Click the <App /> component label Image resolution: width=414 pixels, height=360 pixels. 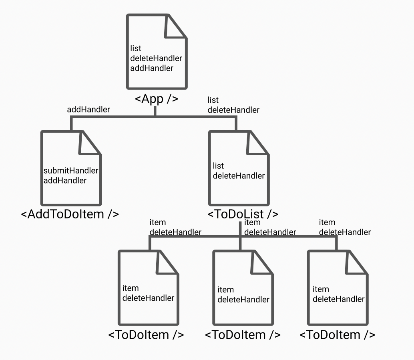point(157,99)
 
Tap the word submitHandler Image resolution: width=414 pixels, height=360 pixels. point(70,171)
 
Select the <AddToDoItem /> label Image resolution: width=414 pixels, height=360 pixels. point(70,214)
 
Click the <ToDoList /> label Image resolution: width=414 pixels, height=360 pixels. point(243,214)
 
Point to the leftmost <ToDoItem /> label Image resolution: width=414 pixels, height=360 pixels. point(146,334)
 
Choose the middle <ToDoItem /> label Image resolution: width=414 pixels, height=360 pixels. point(243,334)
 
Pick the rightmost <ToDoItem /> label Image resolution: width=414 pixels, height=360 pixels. point(338,334)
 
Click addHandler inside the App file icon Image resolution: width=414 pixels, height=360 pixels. point(152,68)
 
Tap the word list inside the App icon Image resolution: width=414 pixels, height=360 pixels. point(136,48)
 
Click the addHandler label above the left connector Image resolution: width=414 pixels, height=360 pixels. point(88,110)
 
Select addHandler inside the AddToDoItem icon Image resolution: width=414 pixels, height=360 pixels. point(65,180)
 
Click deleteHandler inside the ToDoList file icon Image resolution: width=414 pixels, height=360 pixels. point(239,176)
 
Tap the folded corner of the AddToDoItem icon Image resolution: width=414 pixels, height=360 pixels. point(90,144)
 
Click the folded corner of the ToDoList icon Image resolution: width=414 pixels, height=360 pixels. point(257,144)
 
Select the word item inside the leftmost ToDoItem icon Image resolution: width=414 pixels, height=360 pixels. point(131,288)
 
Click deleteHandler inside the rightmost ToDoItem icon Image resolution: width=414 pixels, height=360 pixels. point(339,299)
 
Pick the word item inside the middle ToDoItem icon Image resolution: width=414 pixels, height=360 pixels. point(226,290)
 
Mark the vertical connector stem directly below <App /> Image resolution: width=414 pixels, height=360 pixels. point(155,111)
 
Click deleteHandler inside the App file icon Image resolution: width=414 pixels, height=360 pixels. point(156,58)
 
